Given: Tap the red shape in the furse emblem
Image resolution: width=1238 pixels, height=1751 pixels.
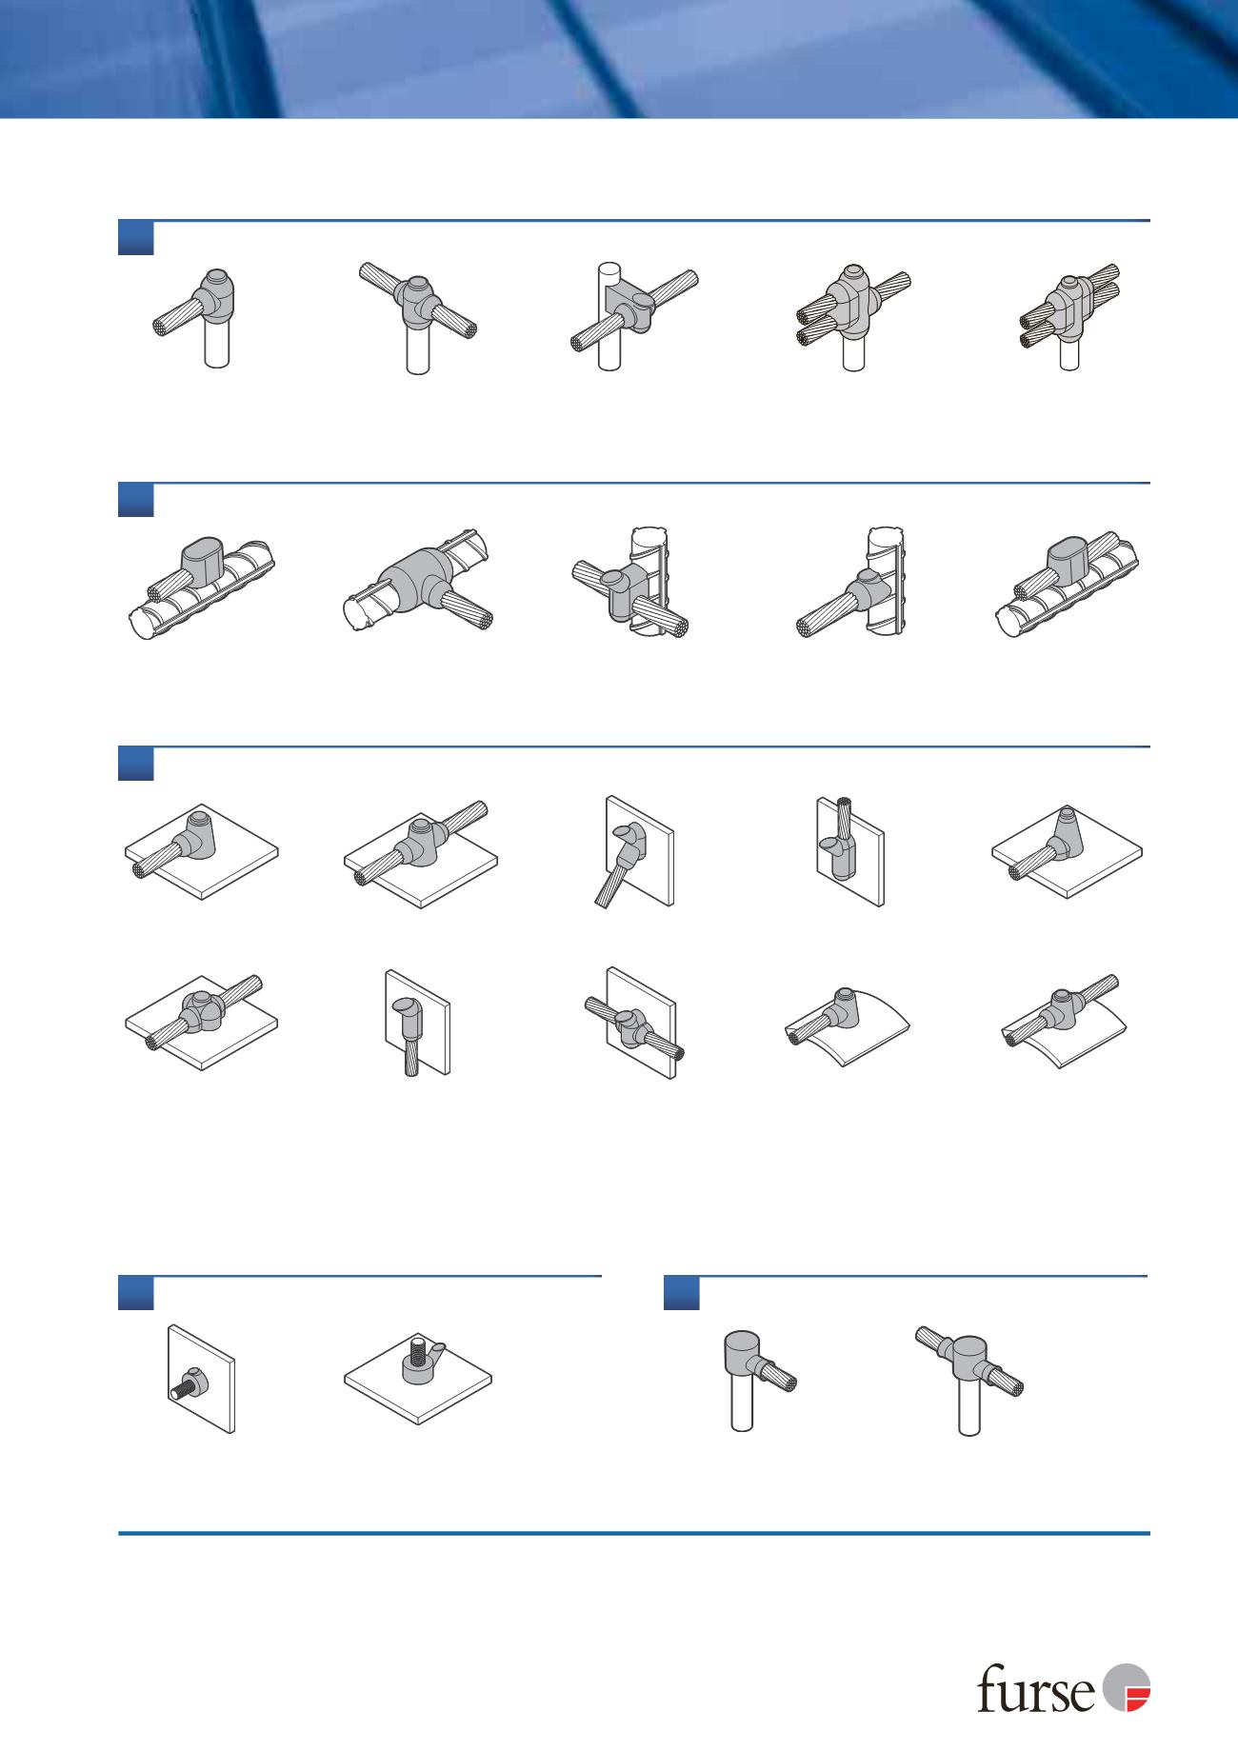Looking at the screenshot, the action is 1138,1697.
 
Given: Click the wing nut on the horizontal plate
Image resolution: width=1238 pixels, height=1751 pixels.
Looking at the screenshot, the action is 421,1360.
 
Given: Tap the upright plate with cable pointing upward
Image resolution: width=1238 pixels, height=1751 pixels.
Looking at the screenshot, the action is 849,849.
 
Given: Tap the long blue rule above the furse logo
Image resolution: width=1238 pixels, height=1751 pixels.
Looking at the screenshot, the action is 633,1533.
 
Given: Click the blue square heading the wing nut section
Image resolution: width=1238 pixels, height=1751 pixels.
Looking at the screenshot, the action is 136,1293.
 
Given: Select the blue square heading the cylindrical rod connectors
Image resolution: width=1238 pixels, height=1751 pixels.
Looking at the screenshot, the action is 681,1293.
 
